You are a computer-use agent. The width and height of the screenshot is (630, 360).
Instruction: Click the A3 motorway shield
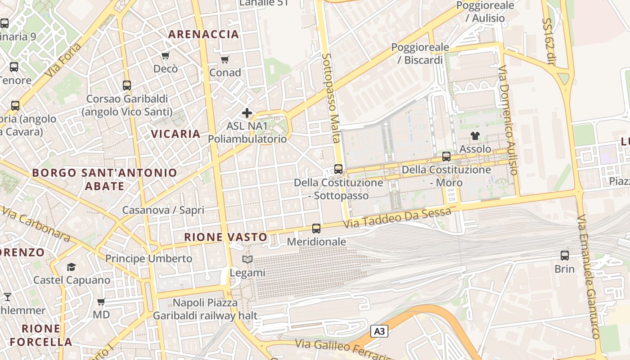click(379, 332)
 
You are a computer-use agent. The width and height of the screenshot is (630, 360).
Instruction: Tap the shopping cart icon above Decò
click(165, 56)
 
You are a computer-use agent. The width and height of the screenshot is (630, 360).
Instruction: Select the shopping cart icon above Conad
click(225, 59)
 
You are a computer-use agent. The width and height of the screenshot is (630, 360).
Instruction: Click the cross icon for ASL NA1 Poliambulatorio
click(247, 113)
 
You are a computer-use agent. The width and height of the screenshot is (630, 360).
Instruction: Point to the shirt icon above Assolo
click(475, 135)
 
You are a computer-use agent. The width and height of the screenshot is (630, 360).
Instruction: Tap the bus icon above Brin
click(564, 256)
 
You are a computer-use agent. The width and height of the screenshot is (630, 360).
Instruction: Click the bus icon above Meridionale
click(316, 229)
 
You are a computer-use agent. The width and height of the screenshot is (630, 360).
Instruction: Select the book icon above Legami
click(247, 260)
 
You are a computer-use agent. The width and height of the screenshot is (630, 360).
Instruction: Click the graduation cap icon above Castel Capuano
click(71, 267)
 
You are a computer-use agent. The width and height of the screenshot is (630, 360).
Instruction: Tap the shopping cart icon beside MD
click(101, 301)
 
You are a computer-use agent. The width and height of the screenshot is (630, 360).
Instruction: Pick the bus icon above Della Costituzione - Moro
click(446, 157)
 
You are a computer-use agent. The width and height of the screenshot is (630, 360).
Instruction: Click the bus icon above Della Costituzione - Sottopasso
click(338, 169)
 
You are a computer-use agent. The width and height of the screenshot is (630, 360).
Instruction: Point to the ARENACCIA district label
click(203, 34)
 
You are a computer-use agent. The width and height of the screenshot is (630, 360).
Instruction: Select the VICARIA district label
click(175, 134)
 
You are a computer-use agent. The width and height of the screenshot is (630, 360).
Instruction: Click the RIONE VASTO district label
click(225, 237)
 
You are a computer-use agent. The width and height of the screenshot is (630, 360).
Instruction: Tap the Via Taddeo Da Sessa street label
click(396, 218)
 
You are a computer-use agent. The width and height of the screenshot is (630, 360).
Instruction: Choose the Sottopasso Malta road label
click(330, 98)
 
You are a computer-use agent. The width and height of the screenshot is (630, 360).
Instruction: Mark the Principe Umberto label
click(148, 259)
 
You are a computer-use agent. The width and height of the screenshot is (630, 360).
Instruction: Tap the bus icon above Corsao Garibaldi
click(127, 85)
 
